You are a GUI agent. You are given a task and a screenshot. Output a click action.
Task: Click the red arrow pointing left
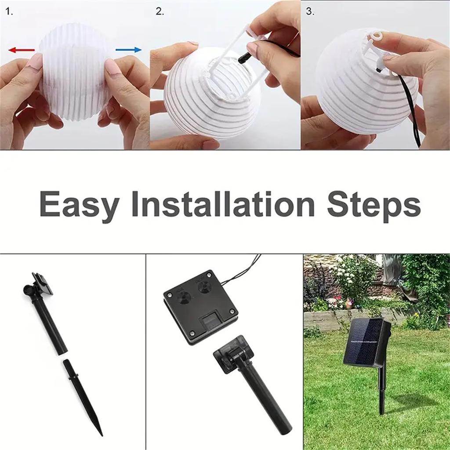click(21, 50)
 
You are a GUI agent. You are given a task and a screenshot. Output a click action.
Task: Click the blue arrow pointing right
click(129, 50)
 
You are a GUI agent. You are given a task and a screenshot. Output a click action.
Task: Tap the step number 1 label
click(9, 12)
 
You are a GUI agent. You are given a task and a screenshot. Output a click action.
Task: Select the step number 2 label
click(159, 12)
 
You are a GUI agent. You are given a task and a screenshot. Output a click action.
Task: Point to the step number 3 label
click(310, 12)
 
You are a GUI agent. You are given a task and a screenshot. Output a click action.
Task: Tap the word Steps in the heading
click(374, 205)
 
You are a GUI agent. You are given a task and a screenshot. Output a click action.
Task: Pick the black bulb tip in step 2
click(243, 57)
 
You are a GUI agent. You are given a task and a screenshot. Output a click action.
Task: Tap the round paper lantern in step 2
click(207, 101)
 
